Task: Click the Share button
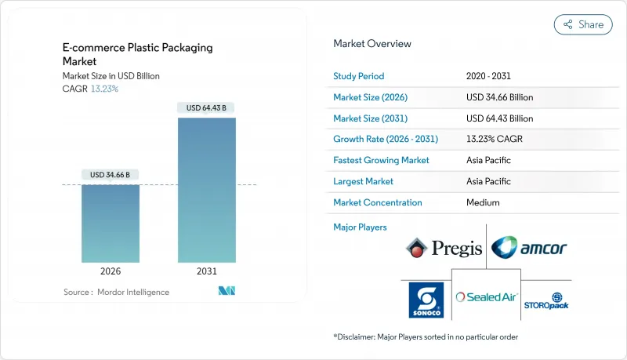(x=583, y=24)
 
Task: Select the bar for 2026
(x=111, y=223)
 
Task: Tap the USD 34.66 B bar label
(x=111, y=174)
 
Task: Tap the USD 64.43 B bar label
(x=207, y=107)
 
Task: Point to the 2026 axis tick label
(x=111, y=271)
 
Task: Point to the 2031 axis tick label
(x=207, y=271)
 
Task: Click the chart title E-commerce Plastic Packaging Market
(x=137, y=54)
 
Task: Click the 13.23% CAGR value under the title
(x=104, y=89)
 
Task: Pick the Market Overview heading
(x=372, y=44)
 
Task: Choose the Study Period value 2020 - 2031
(x=490, y=76)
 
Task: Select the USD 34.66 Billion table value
(x=499, y=97)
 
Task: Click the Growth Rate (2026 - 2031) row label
(x=386, y=139)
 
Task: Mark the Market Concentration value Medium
(x=483, y=202)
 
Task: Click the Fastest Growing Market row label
(x=382, y=160)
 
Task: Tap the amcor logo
(x=529, y=249)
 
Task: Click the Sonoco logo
(x=426, y=300)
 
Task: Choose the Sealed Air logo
(x=486, y=297)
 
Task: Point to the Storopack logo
(x=546, y=301)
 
